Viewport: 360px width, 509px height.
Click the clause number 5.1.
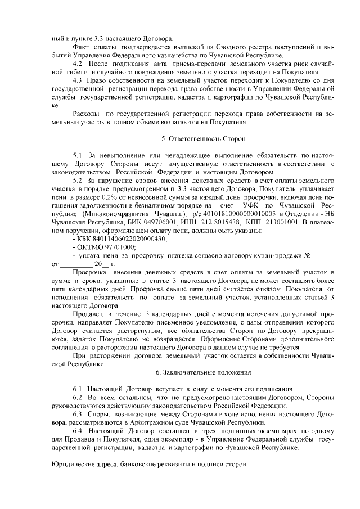[x=79, y=154]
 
